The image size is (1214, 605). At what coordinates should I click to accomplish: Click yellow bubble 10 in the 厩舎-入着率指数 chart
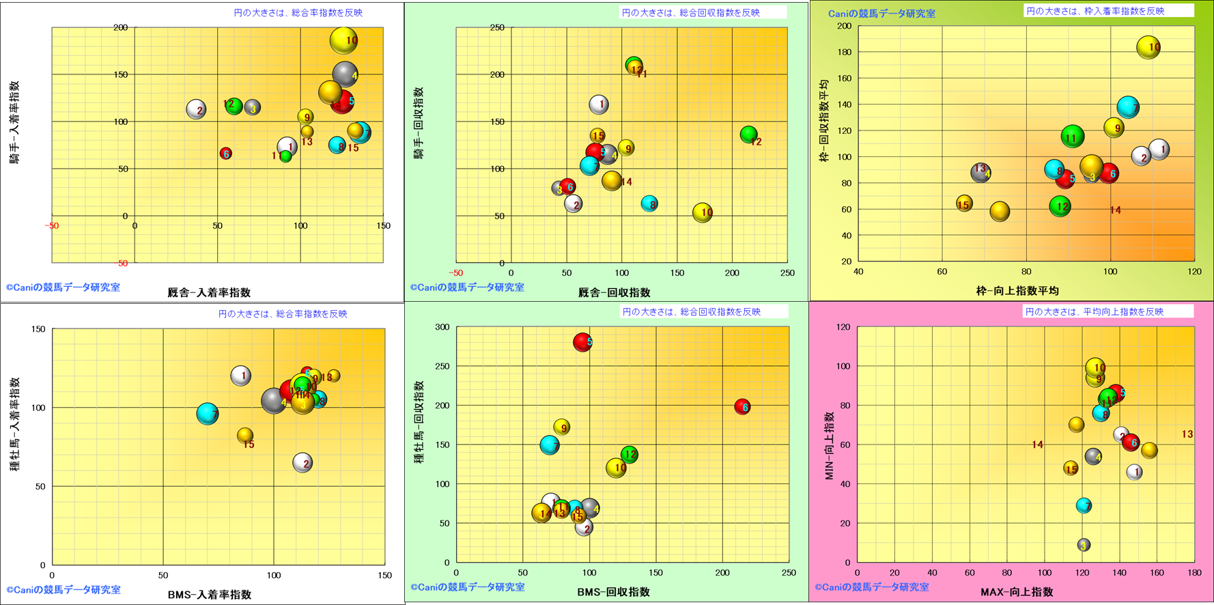tap(343, 40)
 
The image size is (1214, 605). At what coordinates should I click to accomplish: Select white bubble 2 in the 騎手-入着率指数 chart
tap(197, 109)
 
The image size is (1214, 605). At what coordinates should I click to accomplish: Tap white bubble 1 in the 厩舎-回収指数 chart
tap(599, 104)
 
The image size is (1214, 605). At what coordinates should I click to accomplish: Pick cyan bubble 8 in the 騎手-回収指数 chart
tap(649, 203)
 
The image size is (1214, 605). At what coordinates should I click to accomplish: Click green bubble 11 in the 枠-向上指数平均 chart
tap(1073, 137)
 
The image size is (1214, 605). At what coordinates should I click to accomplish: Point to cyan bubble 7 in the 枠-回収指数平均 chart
tap(1128, 107)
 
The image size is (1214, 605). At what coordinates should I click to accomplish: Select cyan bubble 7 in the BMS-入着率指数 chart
tap(208, 413)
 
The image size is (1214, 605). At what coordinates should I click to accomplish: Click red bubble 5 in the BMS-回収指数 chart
tap(582, 341)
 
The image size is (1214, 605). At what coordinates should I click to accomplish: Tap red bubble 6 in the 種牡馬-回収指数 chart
tap(742, 407)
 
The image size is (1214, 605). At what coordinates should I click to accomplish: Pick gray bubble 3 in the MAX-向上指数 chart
tap(1084, 545)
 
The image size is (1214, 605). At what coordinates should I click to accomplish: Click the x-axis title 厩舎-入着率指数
tap(209, 292)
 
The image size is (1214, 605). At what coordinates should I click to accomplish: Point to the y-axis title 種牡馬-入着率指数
tap(14, 424)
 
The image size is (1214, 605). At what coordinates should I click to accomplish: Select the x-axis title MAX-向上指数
tap(1017, 592)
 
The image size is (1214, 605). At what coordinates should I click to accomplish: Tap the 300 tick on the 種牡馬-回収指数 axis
tap(442, 327)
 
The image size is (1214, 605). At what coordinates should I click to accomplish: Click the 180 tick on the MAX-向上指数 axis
tap(1194, 573)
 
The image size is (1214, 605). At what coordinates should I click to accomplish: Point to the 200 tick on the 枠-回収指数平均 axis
tap(844, 26)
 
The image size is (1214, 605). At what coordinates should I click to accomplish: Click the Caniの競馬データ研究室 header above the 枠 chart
tap(881, 14)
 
